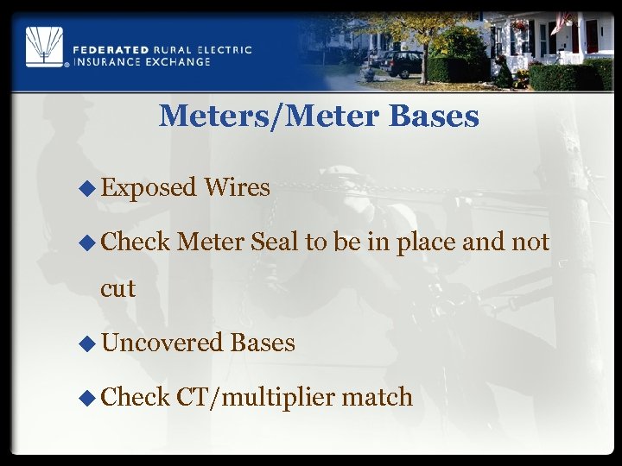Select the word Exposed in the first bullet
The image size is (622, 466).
pos(149,187)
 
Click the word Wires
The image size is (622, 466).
pos(237,187)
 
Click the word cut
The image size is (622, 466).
pos(118,288)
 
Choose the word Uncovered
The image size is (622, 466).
pos(162,343)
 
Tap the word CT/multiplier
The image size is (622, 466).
pos(255,398)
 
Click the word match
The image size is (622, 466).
pos(377,397)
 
